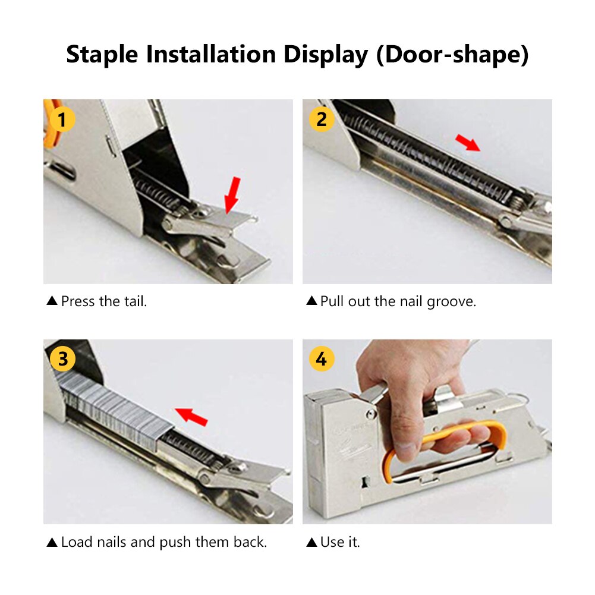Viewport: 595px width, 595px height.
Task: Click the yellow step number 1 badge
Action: [x=62, y=119]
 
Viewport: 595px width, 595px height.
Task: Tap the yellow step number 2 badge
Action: [x=322, y=119]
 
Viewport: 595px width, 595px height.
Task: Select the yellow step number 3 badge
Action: [x=62, y=359]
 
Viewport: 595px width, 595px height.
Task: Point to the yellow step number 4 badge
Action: [x=322, y=359]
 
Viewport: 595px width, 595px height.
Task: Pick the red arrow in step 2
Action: [x=468, y=143]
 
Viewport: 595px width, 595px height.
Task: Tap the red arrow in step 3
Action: [x=192, y=417]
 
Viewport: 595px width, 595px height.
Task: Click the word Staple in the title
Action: [x=103, y=55]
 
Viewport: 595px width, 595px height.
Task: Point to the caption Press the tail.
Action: [x=103, y=301]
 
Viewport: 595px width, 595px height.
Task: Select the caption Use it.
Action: [x=340, y=542]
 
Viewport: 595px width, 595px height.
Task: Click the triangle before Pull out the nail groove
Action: [x=311, y=301]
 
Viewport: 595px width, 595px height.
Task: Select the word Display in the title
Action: [x=325, y=55]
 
